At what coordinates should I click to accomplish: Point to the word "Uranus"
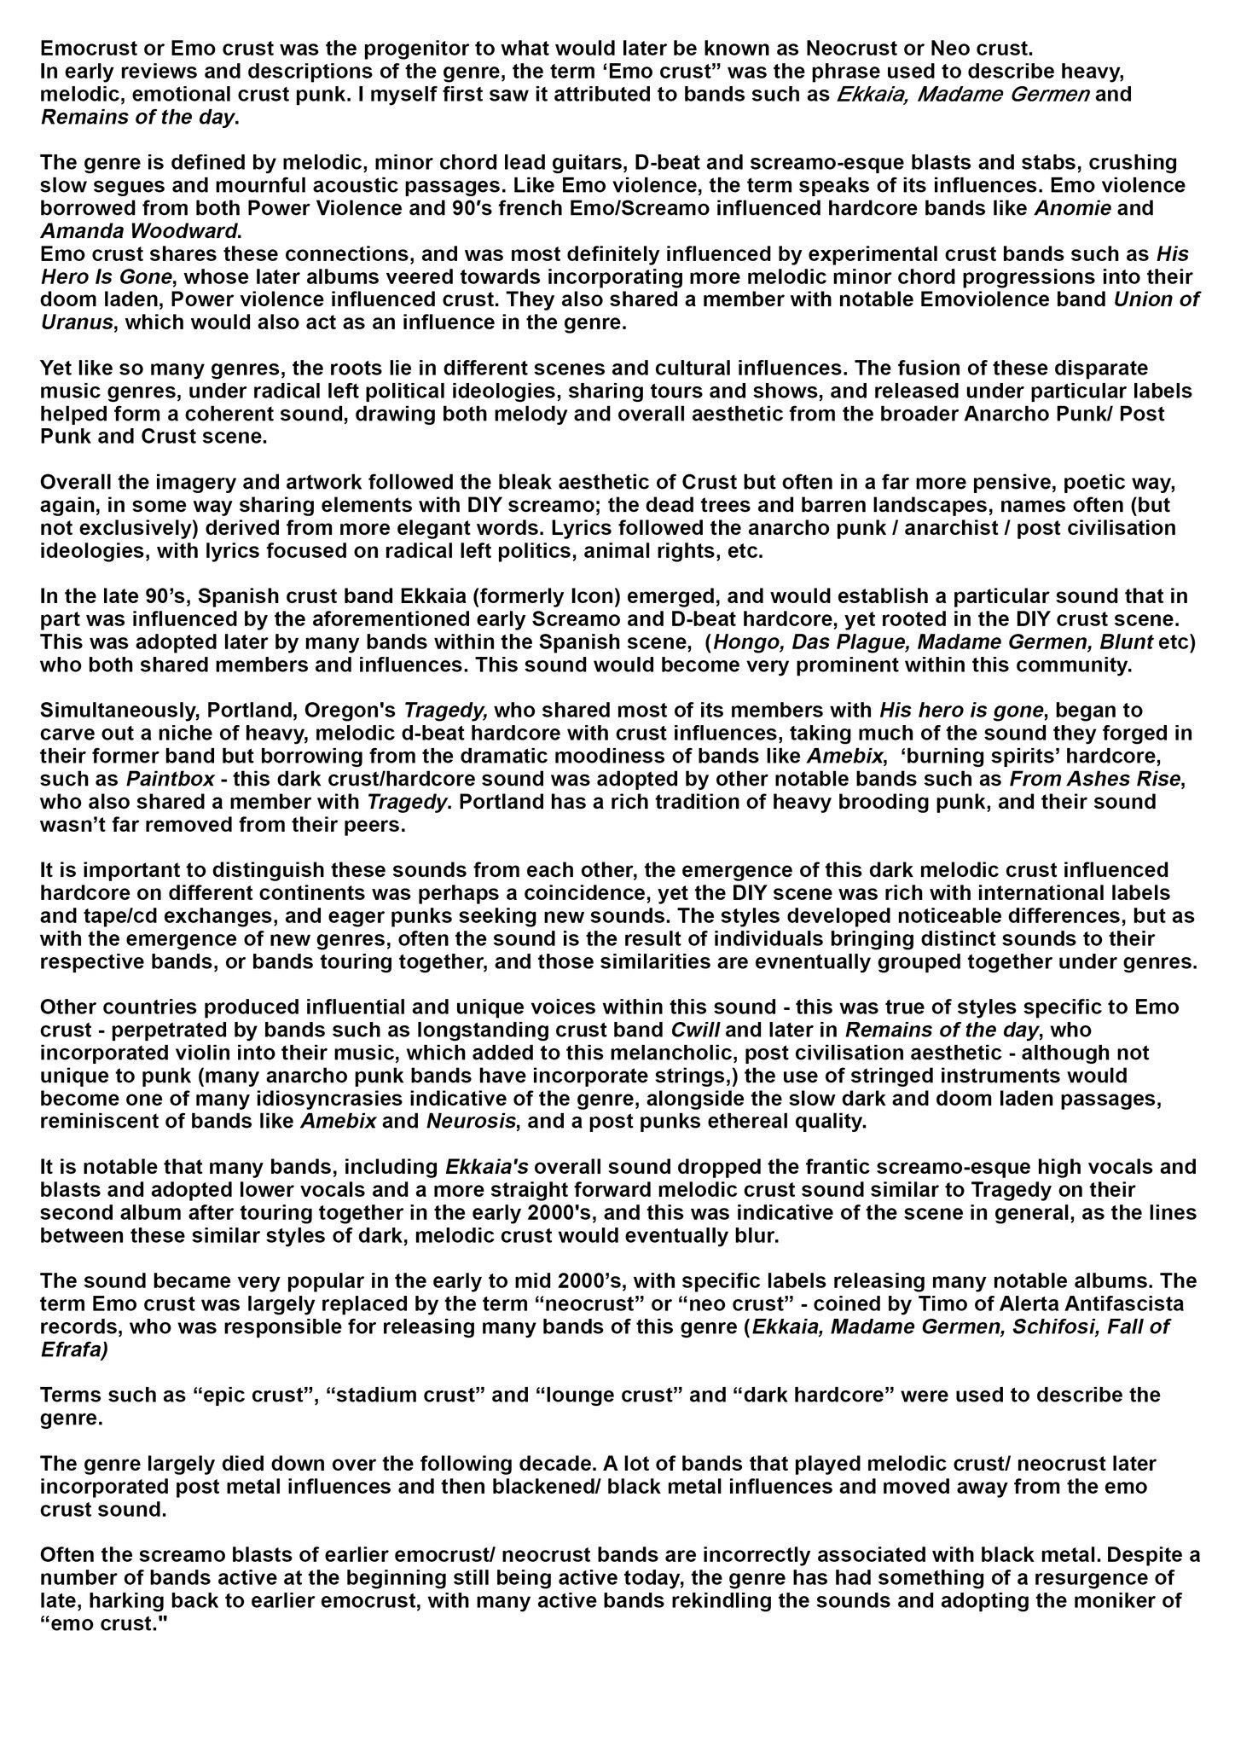click(77, 322)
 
